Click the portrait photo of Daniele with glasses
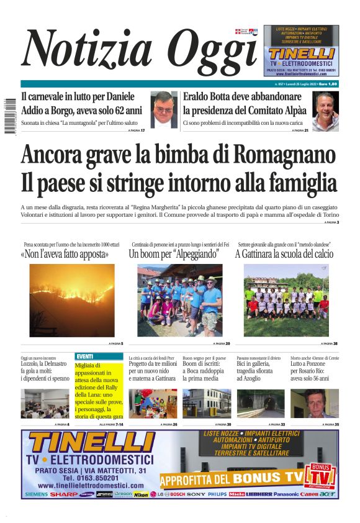point(165,109)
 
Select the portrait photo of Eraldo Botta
point(326,111)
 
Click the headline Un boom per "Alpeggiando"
point(174,254)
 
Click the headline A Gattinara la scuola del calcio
point(284,254)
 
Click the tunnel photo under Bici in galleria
point(261,404)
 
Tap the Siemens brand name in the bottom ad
point(36,494)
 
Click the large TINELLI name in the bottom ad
point(90,443)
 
